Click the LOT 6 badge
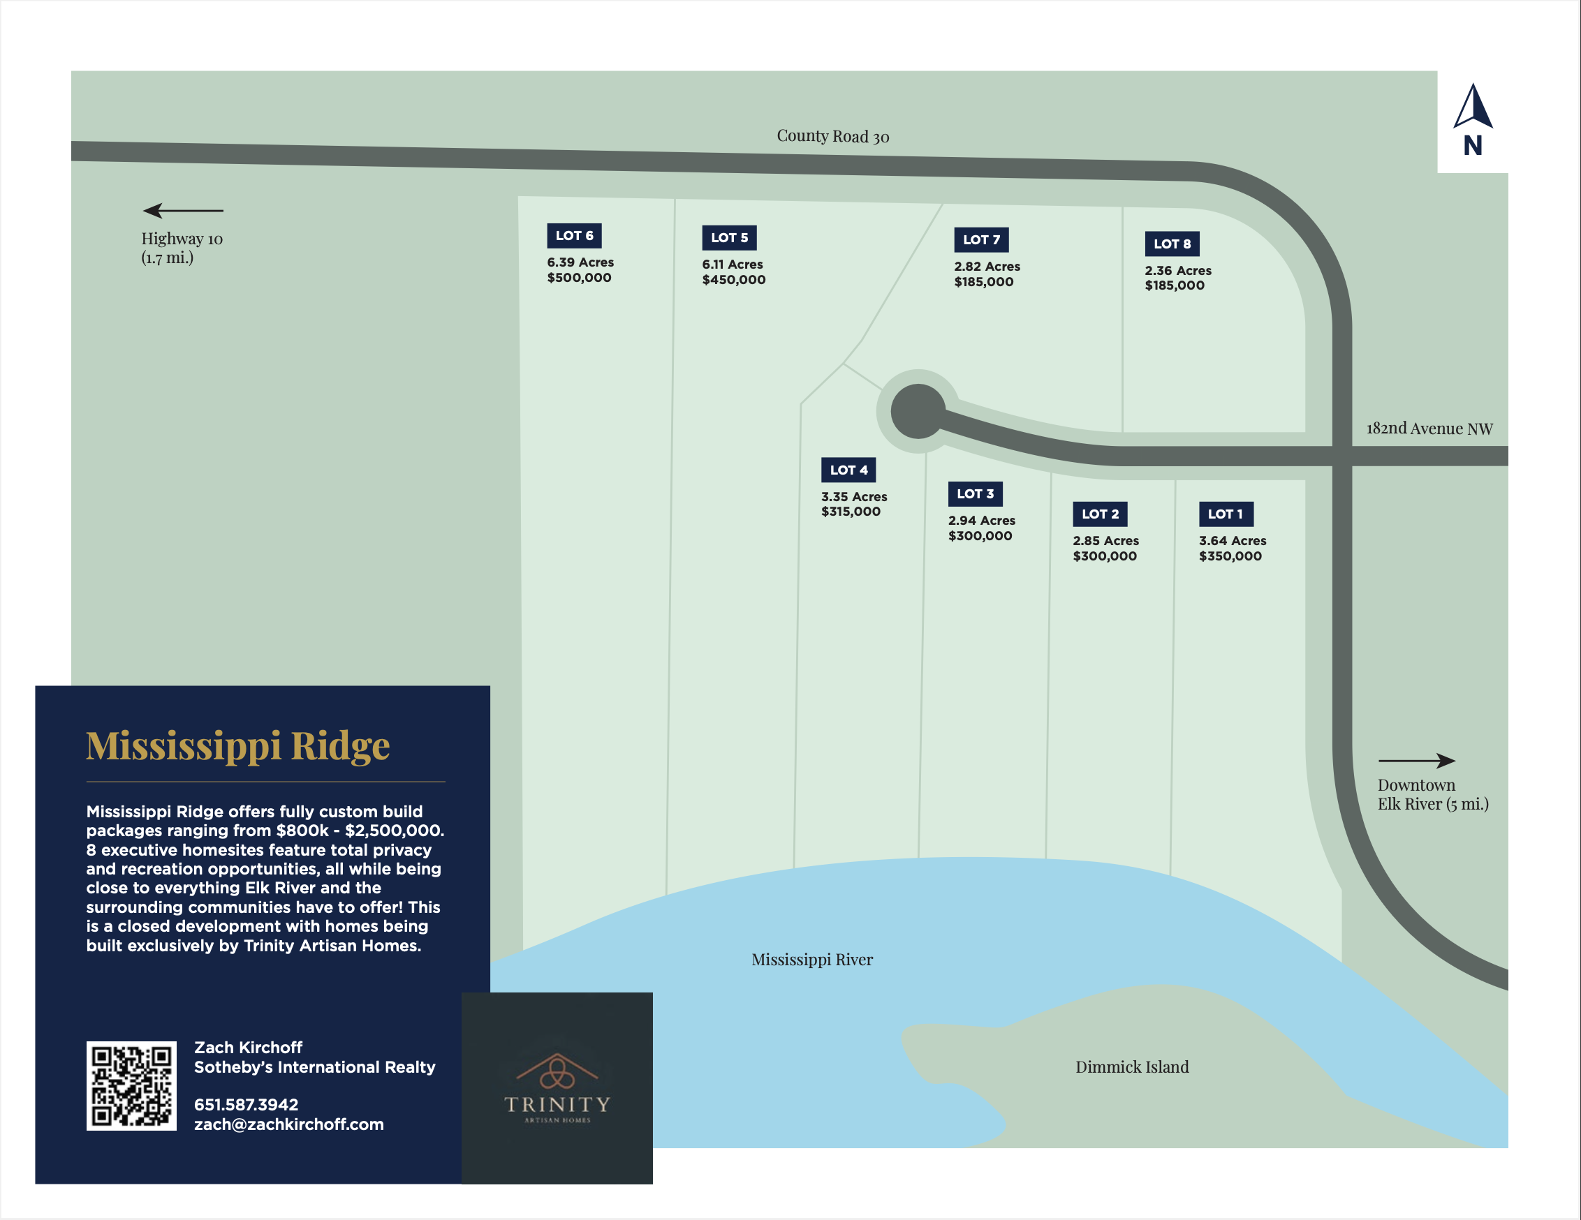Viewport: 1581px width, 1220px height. click(574, 236)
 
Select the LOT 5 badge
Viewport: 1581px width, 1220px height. click(729, 238)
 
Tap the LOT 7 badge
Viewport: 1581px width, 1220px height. click(981, 240)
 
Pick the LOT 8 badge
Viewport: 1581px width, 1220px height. click(1172, 244)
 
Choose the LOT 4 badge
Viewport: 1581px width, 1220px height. click(848, 470)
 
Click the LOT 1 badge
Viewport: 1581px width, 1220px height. click(1226, 514)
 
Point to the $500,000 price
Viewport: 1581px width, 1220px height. click(579, 278)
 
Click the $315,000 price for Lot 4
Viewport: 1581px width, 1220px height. click(851, 512)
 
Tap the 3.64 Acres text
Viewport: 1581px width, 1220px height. click(1232, 540)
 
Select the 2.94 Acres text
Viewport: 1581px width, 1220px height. click(982, 520)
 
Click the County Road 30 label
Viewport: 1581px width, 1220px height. click(832, 136)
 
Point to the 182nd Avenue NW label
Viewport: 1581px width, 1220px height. click(1429, 429)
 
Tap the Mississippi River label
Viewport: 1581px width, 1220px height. click(811, 960)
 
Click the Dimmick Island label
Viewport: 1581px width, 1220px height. click(1131, 1066)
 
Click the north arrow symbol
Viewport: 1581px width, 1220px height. click(1473, 109)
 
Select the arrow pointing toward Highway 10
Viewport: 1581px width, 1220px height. click(182, 211)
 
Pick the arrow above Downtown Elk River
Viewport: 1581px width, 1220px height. click(1416, 761)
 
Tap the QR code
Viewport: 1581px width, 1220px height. click(131, 1085)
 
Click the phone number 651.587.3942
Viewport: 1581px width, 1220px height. click(246, 1105)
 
